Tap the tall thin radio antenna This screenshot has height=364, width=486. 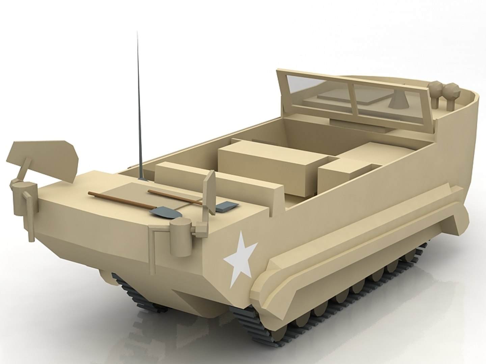click(x=138, y=101)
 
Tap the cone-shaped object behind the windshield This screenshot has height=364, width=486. click(x=395, y=101)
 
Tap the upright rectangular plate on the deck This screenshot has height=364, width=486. click(x=210, y=192)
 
